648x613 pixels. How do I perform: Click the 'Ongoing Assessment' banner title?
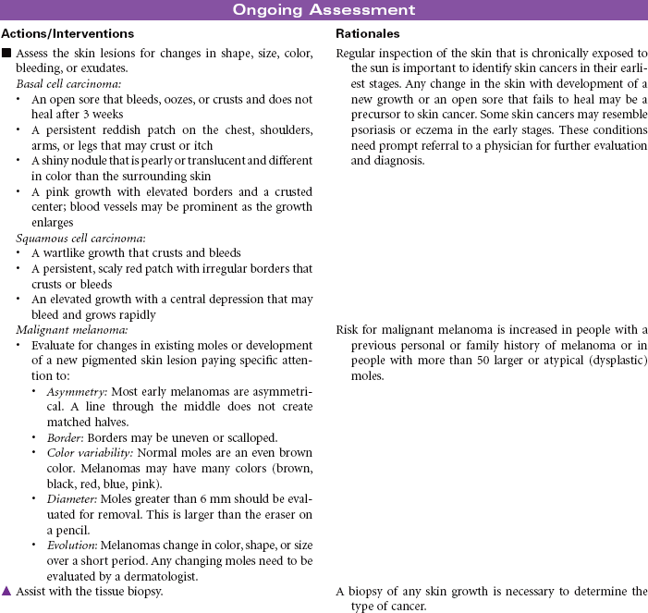tap(324, 10)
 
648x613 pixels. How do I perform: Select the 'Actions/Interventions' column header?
tap(67, 33)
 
